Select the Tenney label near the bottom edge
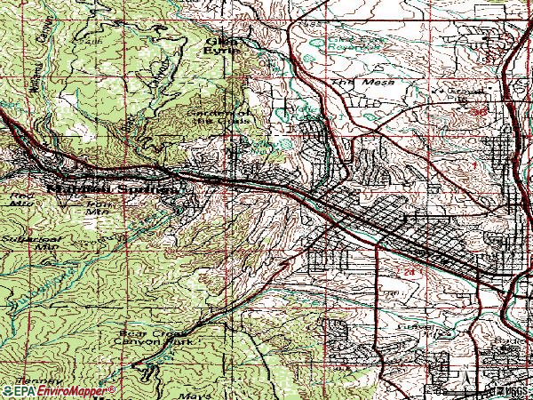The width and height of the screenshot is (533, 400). [x=24, y=379]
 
